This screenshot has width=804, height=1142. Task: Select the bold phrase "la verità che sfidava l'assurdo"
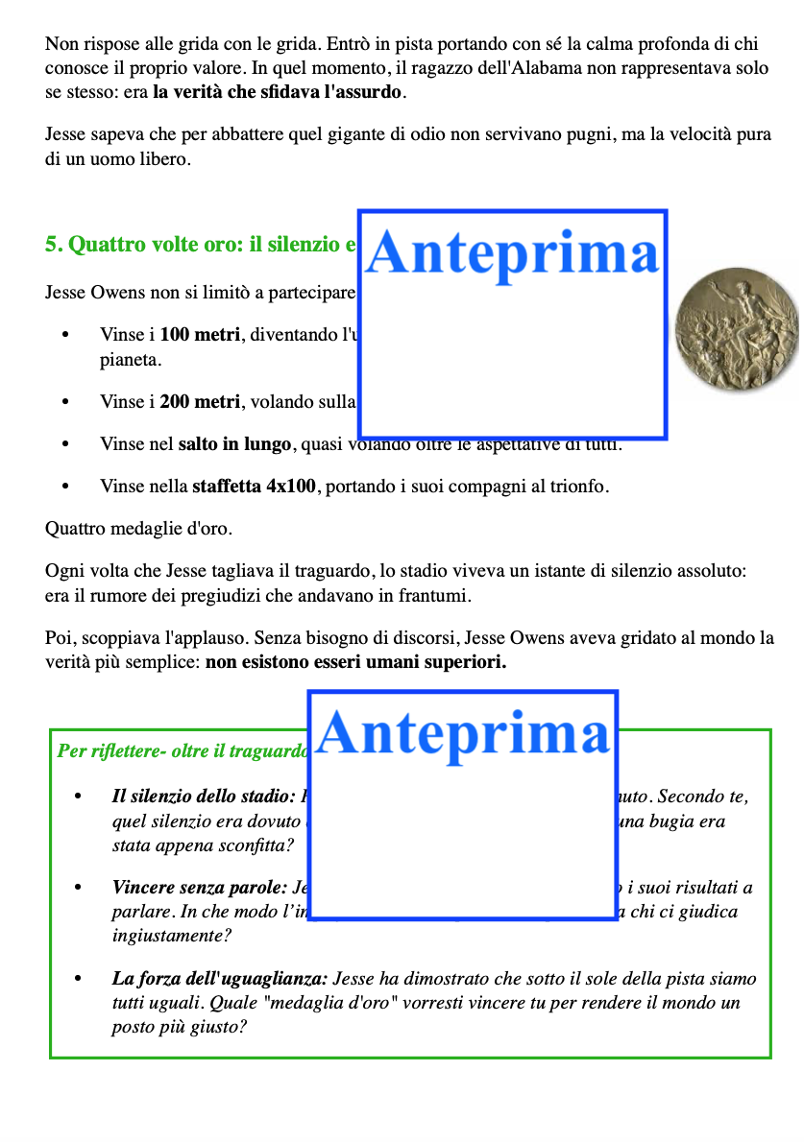pos(279,93)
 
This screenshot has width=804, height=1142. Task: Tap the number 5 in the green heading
pos(52,245)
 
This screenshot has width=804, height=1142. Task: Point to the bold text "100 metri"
pos(200,336)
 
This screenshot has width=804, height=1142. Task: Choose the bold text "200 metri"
pos(200,403)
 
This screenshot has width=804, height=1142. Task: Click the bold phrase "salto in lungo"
pos(234,445)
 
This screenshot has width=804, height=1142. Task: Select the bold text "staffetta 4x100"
pos(254,487)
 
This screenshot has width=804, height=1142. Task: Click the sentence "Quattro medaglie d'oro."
pos(138,529)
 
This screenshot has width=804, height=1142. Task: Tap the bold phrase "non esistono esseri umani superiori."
pos(355,663)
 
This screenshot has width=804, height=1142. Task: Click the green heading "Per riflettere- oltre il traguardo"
pos(182,751)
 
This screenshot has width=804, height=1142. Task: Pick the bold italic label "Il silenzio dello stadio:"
pos(203,797)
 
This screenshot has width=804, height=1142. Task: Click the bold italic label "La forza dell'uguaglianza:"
pos(220,980)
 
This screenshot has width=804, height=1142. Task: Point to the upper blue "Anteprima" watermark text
pos(513,254)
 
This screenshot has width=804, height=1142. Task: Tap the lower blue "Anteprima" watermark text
pos(462,734)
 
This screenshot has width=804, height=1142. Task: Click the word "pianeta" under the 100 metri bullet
pos(125,362)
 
